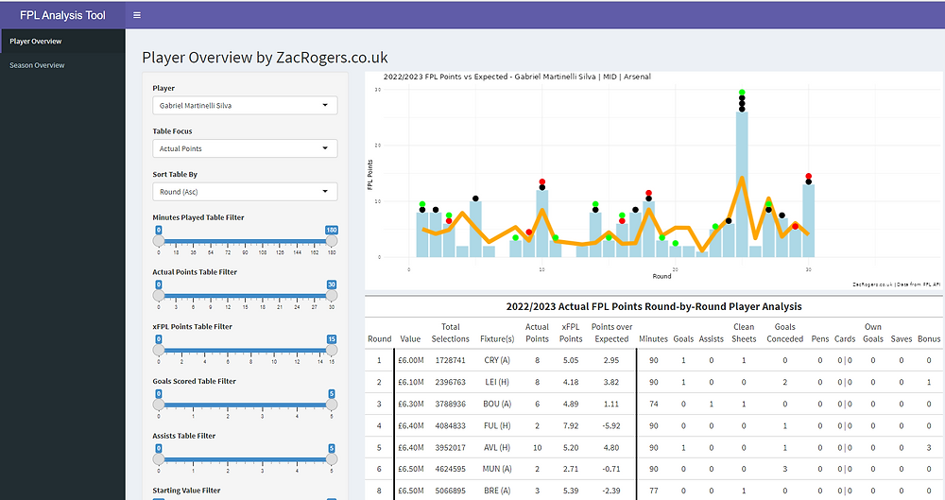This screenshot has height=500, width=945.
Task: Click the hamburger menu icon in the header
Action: pyautogui.click(x=137, y=15)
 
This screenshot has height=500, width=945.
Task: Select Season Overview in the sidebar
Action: pyautogui.click(x=37, y=65)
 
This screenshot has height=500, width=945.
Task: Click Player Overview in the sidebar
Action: pyautogui.click(x=35, y=42)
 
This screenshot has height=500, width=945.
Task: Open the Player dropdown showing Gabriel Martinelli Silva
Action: pyautogui.click(x=245, y=106)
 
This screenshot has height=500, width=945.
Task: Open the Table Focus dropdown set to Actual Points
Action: pyautogui.click(x=245, y=148)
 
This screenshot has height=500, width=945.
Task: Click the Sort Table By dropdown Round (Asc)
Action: pyautogui.click(x=245, y=192)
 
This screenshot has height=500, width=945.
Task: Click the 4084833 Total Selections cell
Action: pyautogui.click(x=450, y=426)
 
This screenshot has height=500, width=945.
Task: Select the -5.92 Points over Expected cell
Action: pyautogui.click(x=611, y=426)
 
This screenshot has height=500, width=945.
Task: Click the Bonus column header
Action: pyautogui.click(x=928, y=338)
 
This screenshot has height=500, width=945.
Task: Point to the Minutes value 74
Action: pyautogui.click(x=652, y=405)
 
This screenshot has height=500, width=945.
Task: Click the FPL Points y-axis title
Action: pyautogui.click(x=370, y=174)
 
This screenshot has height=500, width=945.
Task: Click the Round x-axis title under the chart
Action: pyautogui.click(x=661, y=276)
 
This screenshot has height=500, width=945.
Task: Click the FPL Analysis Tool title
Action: pyautogui.click(x=63, y=15)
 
